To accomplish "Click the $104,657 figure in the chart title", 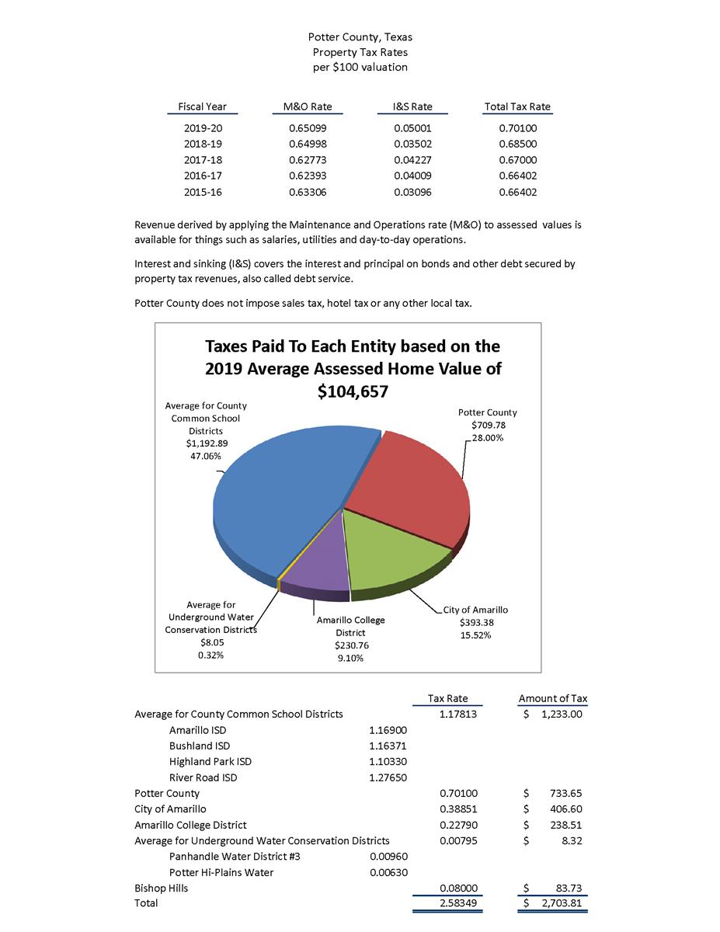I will tap(353, 393).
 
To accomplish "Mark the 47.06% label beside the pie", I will tap(205, 456).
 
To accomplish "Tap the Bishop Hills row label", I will tap(161, 888).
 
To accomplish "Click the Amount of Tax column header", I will tap(553, 699).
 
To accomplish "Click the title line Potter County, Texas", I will tap(360, 37).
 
